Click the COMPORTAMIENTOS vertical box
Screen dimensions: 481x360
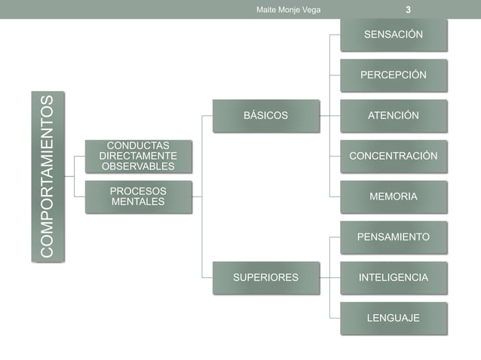(x=47, y=177)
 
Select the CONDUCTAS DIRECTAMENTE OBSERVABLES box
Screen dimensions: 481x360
(x=137, y=155)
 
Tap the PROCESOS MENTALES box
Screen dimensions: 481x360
(x=137, y=196)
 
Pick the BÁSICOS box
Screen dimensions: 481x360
(x=265, y=115)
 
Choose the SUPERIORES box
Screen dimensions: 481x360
(x=265, y=277)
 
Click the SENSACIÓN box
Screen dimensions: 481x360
(x=393, y=35)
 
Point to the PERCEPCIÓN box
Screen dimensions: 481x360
(x=393, y=75)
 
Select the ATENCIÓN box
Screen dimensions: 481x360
(x=393, y=115)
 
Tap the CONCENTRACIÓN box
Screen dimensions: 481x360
(x=393, y=156)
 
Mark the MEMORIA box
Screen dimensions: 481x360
(x=393, y=197)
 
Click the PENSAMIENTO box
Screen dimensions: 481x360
(x=393, y=237)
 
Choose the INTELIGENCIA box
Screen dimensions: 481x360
(x=393, y=277)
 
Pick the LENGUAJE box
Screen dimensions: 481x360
(x=393, y=318)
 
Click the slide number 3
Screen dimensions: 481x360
(x=408, y=9)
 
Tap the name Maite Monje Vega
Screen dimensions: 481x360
(x=289, y=9)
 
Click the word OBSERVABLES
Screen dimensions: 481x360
(x=138, y=166)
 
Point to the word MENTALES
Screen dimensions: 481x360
(x=138, y=201)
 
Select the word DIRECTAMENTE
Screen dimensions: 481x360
(x=138, y=155)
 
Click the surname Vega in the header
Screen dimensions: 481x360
(x=311, y=9)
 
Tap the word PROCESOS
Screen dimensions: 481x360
(x=138, y=191)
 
